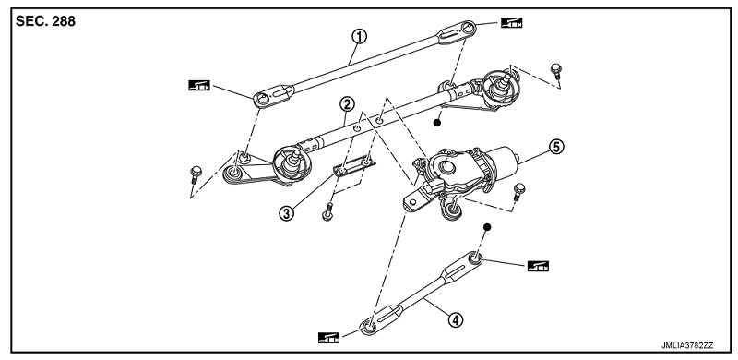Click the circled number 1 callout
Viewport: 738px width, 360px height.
click(x=359, y=36)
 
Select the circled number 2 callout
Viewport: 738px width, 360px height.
click(x=347, y=104)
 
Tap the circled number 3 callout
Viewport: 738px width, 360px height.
click(x=286, y=213)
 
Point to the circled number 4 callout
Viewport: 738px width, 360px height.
click(x=455, y=320)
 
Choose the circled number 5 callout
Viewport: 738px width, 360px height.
click(x=556, y=147)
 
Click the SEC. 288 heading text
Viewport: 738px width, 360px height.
click(x=45, y=21)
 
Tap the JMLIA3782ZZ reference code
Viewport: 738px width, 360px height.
click(x=687, y=345)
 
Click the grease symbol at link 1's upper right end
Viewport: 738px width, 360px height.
click(x=512, y=23)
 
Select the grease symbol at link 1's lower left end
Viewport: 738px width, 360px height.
click(x=199, y=85)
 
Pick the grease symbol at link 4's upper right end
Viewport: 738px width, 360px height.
click(x=538, y=266)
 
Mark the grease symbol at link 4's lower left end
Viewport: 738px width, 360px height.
click(x=328, y=337)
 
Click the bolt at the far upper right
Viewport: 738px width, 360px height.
click(x=556, y=71)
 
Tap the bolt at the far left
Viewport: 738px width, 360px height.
click(x=196, y=174)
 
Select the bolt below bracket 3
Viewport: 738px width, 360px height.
click(x=328, y=211)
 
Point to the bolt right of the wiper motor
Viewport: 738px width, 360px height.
click(x=518, y=192)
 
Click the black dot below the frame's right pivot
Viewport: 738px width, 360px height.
click(x=436, y=123)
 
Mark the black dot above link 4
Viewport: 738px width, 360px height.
click(x=487, y=227)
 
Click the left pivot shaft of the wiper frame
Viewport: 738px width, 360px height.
click(x=293, y=160)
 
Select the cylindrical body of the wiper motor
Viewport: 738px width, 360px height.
click(x=500, y=162)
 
